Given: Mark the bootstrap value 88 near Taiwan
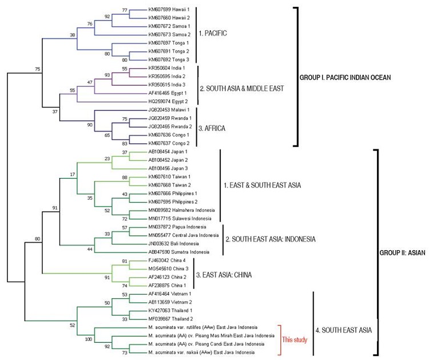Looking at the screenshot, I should [x=141, y=178].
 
